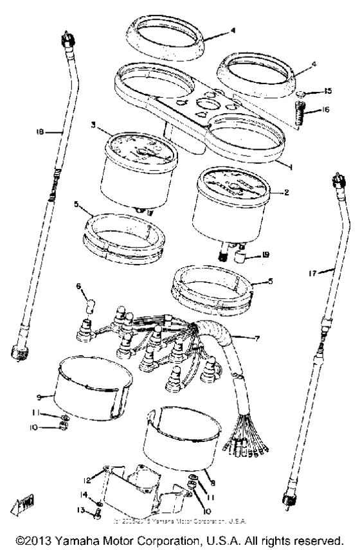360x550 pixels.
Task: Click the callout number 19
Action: click(x=265, y=255)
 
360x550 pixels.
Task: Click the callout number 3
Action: click(x=93, y=127)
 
